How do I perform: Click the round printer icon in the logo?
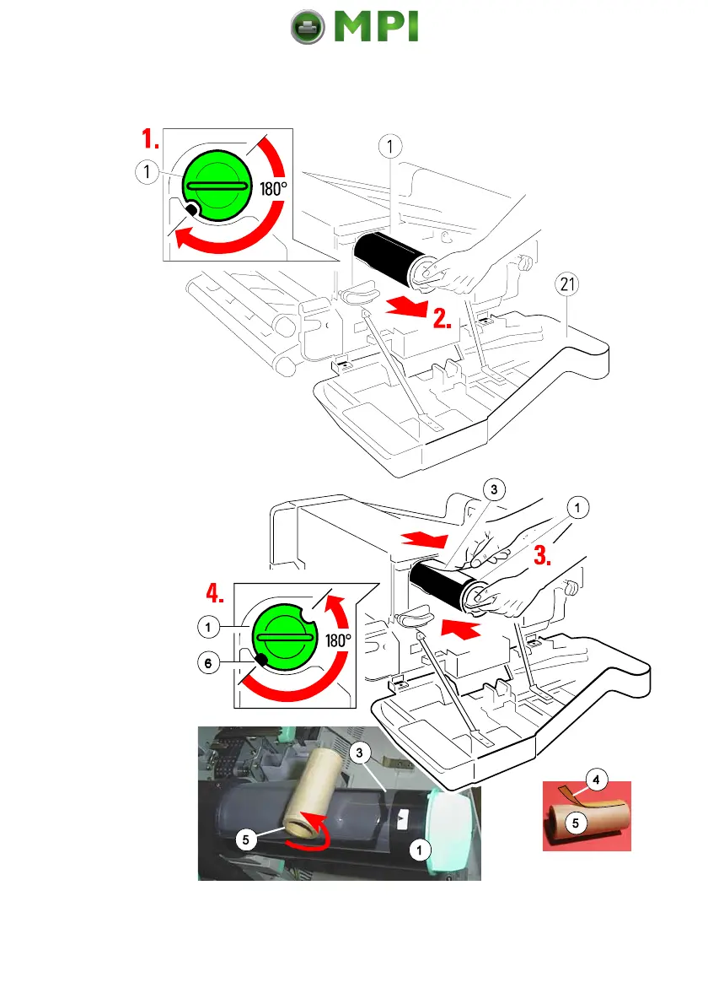coord(308,27)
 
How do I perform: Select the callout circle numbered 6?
coord(205,663)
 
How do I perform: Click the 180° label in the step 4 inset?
coord(338,640)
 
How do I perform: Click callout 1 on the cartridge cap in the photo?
coord(416,850)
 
